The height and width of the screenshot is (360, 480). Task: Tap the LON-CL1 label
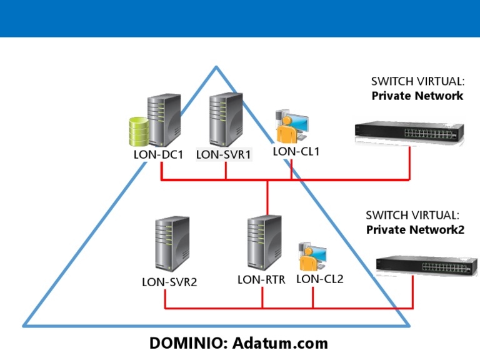point(296,151)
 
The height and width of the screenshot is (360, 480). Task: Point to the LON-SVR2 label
point(169,282)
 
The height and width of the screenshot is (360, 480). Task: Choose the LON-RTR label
point(261,279)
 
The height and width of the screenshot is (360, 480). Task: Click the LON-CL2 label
point(320,279)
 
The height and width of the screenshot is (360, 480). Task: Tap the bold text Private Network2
point(415,229)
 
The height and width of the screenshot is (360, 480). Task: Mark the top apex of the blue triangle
point(216,67)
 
